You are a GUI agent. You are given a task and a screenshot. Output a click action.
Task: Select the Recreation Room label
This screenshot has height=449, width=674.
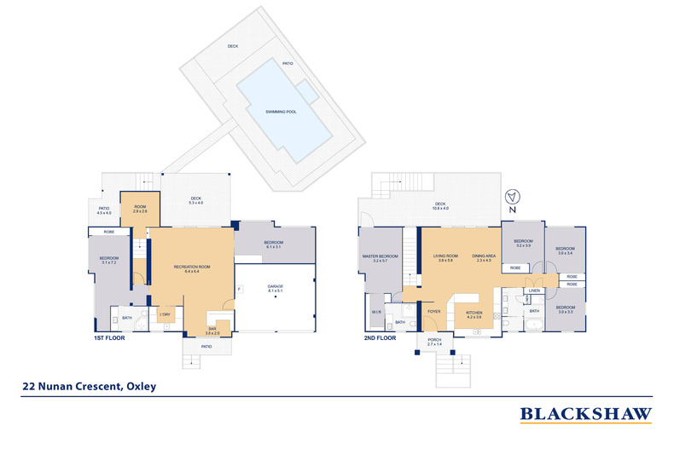coord(191,268)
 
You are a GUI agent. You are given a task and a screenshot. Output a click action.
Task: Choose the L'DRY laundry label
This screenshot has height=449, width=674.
coord(164,314)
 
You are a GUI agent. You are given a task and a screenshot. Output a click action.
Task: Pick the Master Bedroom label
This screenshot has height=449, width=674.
coord(379,256)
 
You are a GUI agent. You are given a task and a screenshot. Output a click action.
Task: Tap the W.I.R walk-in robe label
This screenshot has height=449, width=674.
coord(376,312)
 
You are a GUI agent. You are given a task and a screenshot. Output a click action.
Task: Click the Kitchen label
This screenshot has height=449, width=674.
coord(474,313)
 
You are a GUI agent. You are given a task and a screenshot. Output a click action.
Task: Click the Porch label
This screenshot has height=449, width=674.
coord(429,341)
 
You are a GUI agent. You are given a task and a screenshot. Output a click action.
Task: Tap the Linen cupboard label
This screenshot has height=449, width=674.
coord(534,291)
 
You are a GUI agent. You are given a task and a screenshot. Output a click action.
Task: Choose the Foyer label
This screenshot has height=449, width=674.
coord(432,312)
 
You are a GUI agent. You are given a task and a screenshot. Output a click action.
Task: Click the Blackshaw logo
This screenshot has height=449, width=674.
coord(586,414)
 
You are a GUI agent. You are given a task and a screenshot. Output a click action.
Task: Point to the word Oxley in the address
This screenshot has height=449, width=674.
coord(141,386)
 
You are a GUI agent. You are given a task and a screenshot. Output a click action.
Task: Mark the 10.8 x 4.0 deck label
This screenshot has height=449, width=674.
coord(440,206)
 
